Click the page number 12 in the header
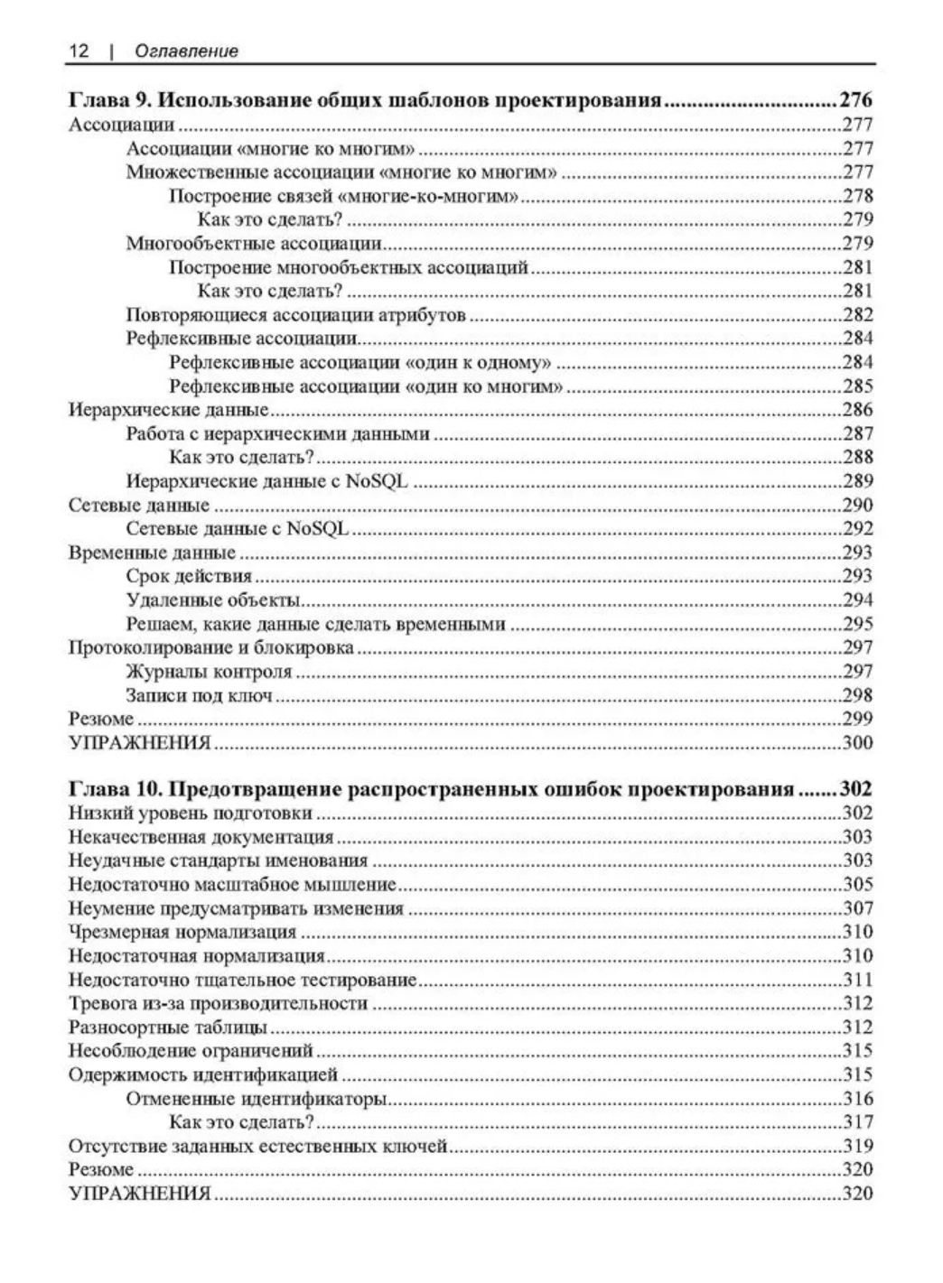tap(79, 51)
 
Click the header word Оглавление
tap(186, 51)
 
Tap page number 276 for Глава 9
tap(856, 100)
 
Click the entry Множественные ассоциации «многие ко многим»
tap(341, 172)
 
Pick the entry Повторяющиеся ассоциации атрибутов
tap(295, 315)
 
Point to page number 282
tap(858, 315)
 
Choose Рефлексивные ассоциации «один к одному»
tap(360, 363)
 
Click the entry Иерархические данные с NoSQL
tap(266, 481)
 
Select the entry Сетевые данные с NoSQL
tap(238, 529)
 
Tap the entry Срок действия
tap(189, 576)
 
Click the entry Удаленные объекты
tap(213, 600)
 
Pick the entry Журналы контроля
tap(209, 672)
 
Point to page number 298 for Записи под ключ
tap(858, 695)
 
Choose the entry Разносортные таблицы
tap(168, 1027)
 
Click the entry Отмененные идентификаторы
tap(257, 1099)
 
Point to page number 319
tap(858, 1147)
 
